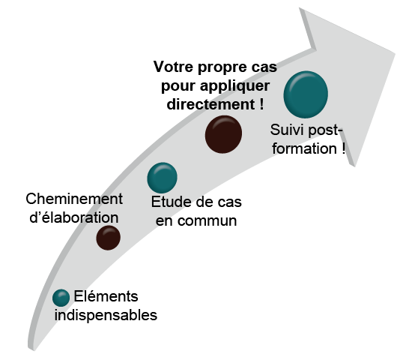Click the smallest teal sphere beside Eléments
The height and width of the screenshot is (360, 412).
point(61,298)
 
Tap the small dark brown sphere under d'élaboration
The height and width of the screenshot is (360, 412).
point(109,238)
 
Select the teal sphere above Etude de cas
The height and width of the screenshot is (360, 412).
point(162,178)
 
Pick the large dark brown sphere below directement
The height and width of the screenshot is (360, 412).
point(223,134)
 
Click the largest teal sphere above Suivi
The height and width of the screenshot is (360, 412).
point(306,94)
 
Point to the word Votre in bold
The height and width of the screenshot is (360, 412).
point(174,67)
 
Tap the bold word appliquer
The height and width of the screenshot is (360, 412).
point(235,86)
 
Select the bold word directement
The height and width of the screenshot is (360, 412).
point(210,104)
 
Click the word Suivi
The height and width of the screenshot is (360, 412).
point(287,130)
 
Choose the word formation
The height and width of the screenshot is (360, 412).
point(305,148)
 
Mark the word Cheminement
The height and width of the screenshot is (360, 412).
point(74,199)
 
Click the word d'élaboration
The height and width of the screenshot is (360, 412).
point(74,217)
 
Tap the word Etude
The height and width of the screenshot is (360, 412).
point(172,202)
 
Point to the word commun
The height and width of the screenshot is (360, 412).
point(207,220)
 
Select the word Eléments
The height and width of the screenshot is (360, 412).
point(106,296)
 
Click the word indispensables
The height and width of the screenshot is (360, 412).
point(106,315)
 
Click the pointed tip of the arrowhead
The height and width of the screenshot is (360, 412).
point(395,54)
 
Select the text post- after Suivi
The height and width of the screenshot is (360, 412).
point(325,130)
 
